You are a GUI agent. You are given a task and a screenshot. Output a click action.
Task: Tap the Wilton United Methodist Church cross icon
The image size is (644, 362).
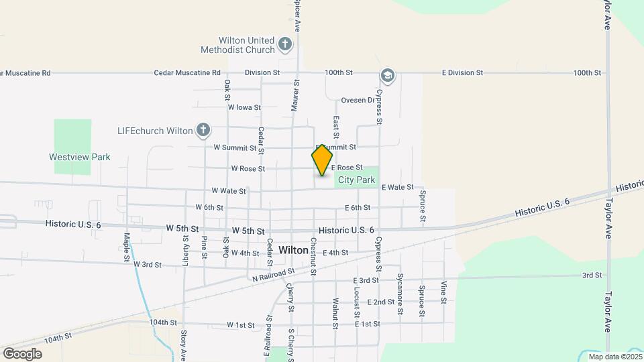click(x=285, y=45)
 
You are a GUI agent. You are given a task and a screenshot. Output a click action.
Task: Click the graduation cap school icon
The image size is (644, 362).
click(x=387, y=75)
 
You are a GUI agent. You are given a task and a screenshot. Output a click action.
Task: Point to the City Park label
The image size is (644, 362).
click(x=356, y=180)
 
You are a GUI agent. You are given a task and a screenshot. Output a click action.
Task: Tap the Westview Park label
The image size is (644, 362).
click(x=79, y=157)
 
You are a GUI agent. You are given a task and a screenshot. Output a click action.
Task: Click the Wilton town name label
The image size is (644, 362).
click(x=293, y=250)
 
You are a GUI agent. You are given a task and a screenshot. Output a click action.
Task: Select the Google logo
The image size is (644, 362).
click(x=22, y=354)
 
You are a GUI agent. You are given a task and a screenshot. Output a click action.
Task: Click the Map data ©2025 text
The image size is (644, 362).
click(x=614, y=357)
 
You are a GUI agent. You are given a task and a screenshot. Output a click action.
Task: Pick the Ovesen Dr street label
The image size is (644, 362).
click(x=358, y=101)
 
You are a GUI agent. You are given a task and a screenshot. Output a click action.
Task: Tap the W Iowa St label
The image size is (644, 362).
click(x=244, y=107)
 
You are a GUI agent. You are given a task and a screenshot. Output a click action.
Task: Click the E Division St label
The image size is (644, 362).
click(x=462, y=72)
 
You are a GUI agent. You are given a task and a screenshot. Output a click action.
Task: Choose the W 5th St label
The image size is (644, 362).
click(x=182, y=229)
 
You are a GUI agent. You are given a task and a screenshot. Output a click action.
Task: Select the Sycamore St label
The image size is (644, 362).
click(x=400, y=294)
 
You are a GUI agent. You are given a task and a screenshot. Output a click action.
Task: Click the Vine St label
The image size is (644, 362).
click(x=443, y=292)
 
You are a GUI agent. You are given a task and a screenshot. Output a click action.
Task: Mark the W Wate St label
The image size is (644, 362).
click(x=229, y=191)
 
